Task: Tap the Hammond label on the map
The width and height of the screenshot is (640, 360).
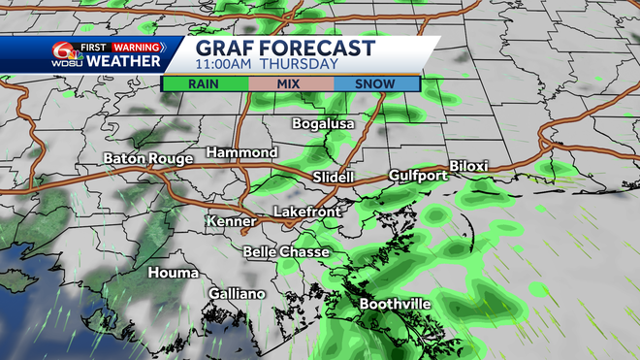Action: click(242, 153)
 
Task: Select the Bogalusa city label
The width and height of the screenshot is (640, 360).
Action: click(324, 124)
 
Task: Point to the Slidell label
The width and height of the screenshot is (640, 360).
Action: click(336, 177)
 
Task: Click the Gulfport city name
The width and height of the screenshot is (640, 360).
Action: click(418, 176)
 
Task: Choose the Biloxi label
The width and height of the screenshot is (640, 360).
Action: click(468, 167)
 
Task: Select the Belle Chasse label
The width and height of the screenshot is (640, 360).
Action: click(286, 252)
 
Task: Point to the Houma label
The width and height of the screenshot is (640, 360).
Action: click(173, 274)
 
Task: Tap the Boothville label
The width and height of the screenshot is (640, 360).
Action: click(395, 305)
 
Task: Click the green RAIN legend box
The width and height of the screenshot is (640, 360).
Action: click(205, 83)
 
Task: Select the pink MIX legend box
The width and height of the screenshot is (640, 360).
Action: click(290, 83)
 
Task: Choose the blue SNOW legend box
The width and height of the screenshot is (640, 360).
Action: click(375, 83)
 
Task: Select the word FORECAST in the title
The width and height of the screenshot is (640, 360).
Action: click(320, 48)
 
